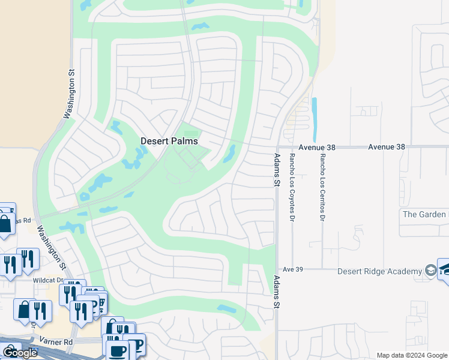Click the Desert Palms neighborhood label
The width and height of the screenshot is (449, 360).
click(x=169, y=141)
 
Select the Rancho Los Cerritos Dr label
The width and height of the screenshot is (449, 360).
click(x=322, y=185)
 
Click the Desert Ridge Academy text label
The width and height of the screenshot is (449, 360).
click(x=379, y=271)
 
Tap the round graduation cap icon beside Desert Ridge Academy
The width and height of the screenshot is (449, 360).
click(x=430, y=271)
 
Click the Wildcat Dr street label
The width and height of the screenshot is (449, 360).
click(x=48, y=280)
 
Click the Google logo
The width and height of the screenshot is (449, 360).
click(x=19, y=353)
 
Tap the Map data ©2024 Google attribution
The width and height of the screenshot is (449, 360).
click(x=412, y=355)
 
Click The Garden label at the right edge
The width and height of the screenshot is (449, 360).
click(x=425, y=214)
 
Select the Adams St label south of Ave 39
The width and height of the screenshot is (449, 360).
click(x=277, y=292)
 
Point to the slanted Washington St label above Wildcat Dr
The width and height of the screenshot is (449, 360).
click(x=51, y=247)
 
